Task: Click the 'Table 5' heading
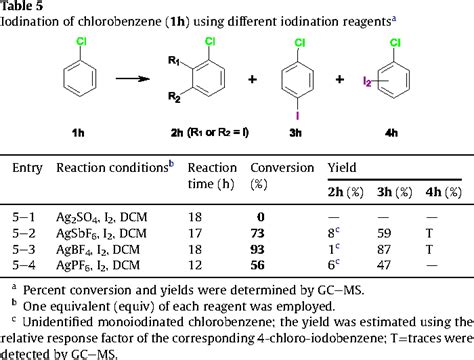click(23, 7)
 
